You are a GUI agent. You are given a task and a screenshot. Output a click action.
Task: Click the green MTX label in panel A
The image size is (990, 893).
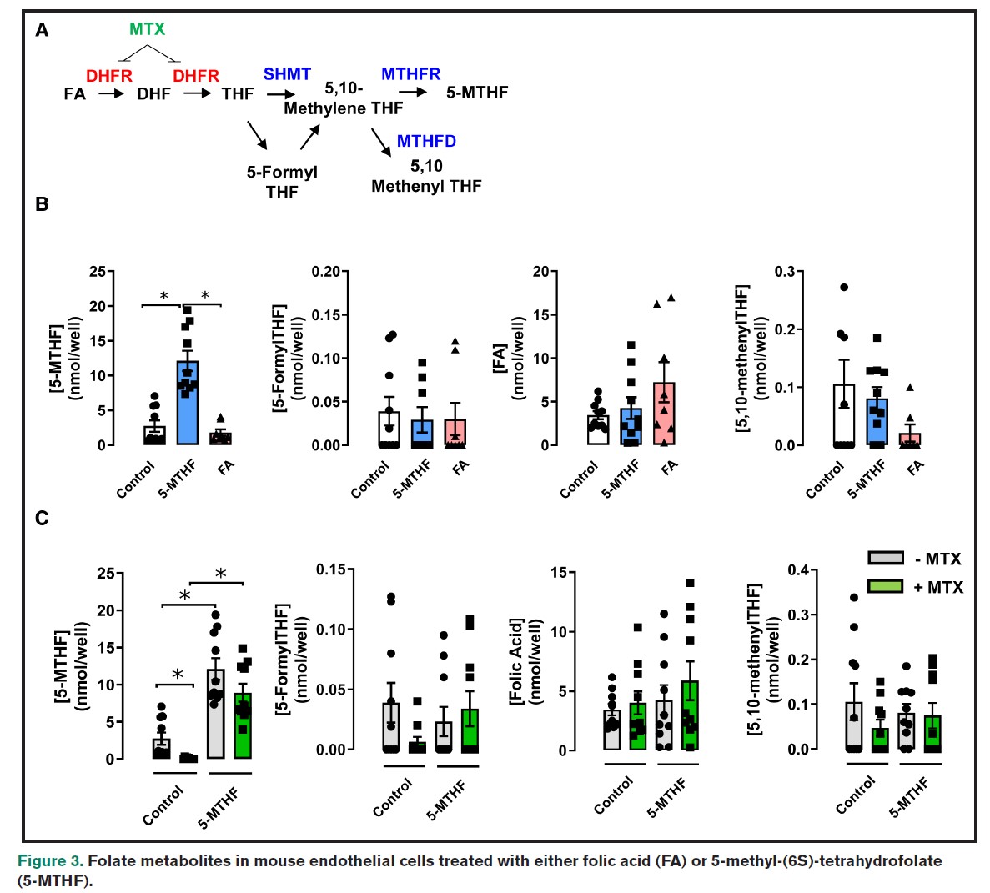tap(148, 29)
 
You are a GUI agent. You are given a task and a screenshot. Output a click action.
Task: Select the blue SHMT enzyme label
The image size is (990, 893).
tap(287, 74)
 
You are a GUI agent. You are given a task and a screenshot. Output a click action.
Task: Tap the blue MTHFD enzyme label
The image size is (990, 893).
tap(426, 141)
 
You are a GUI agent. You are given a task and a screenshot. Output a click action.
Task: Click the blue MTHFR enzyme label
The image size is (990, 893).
tap(410, 74)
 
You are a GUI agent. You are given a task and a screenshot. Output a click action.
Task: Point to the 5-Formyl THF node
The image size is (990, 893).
tap(282, 182)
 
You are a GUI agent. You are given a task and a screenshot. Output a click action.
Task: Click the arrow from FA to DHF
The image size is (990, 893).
tap(111, 93)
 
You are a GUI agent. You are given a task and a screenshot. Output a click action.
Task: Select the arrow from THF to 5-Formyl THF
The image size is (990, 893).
tap(256, 135)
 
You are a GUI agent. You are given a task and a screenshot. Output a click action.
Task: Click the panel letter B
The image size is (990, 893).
tap(42, 204)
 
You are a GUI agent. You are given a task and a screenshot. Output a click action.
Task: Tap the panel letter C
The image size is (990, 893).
tap(42, 518)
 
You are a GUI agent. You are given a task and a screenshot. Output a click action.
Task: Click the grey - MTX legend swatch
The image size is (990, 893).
tap(885, 559)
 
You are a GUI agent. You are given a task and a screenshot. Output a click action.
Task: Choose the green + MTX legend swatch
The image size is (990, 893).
tap(885, 586)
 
